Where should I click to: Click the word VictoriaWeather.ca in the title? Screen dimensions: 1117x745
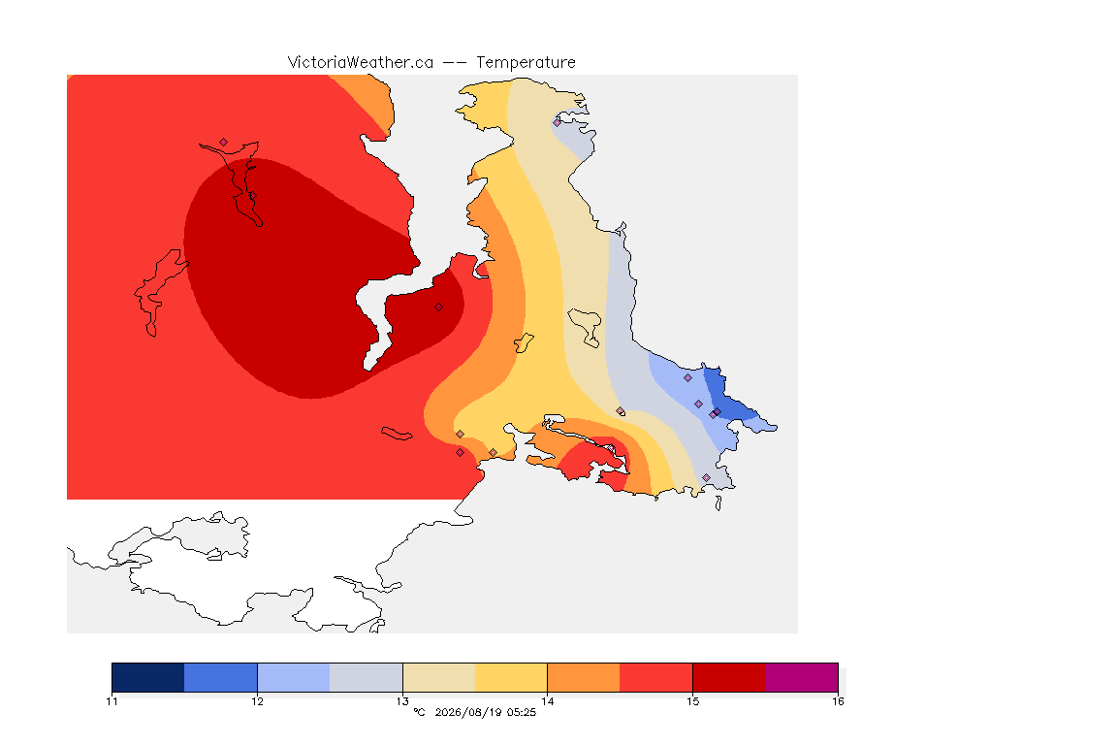point(361,63)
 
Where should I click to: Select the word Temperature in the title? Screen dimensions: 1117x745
point(526,63)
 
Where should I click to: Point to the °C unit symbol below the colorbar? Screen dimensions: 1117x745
point(419,712)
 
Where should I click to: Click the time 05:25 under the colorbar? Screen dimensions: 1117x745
point(522,712)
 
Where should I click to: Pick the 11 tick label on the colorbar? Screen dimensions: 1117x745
point(112,701)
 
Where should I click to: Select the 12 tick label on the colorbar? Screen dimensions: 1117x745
point(257,701)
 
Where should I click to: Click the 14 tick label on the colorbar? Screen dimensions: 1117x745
point(547,701)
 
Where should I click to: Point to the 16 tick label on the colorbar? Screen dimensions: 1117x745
point(838,701)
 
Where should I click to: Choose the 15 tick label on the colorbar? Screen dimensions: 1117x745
point(693,701)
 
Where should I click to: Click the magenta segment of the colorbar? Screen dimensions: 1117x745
point(802,677)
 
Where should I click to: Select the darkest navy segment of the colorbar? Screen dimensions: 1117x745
point(148,677)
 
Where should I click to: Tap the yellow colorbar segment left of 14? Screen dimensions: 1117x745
point(511,677)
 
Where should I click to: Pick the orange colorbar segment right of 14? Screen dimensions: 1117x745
point(584,677)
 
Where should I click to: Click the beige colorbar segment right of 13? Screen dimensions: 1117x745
point(439,677)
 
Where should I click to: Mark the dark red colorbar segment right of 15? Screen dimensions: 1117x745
point(729,677)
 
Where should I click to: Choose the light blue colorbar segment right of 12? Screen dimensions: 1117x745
point(294,677)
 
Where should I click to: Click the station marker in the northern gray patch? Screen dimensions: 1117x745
point(558,122)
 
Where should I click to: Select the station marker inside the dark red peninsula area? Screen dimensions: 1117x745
point(439,308)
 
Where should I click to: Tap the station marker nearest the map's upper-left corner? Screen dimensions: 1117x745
point(224,143)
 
